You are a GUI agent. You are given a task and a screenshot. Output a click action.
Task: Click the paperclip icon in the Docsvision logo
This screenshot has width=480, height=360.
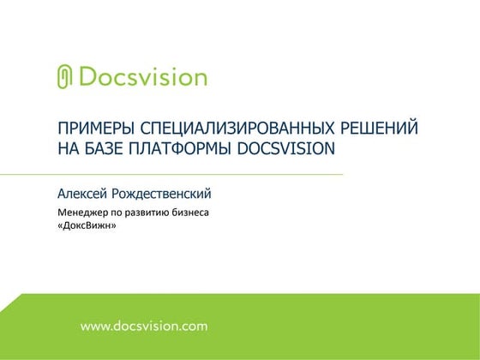pyautogui.click(x=65, y=76)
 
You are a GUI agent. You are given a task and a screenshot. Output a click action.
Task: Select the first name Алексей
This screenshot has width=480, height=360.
pyautogui.click(x=85, y=194)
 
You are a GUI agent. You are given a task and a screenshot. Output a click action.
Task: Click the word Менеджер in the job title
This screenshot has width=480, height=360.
pyautogui.click(x=86, y=212)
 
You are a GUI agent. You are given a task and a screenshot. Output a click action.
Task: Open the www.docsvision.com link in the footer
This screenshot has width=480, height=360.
pyautogui.click(x=144, y=326)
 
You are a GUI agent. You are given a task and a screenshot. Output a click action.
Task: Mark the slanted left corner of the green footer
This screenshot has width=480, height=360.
pyautogui.click(x=10, y=302)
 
